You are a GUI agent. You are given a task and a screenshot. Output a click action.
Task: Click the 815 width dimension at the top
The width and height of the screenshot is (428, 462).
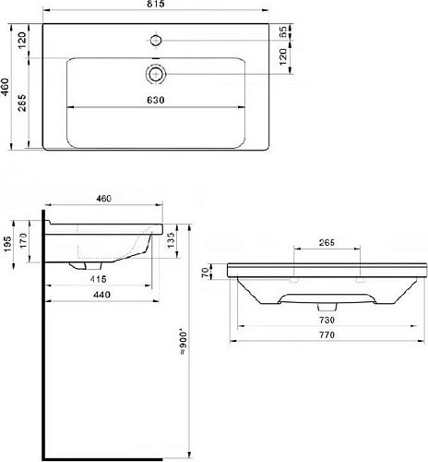156,4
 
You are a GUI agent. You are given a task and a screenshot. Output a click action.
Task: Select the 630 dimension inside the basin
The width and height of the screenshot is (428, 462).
156,100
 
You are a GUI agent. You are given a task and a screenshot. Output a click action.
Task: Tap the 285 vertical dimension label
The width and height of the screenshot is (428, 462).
22,103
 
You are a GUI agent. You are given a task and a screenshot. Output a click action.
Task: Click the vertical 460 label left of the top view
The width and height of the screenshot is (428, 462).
6,87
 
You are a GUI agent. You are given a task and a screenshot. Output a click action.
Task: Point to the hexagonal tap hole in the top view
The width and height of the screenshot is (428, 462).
156,41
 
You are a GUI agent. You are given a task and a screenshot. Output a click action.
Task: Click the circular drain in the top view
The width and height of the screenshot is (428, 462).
156,74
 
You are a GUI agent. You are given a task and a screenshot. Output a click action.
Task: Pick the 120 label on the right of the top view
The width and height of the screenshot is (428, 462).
283,56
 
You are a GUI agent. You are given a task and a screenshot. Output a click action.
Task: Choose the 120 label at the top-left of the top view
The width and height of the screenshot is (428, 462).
22,41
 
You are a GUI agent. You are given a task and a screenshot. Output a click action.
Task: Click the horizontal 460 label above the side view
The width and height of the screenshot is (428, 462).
103,199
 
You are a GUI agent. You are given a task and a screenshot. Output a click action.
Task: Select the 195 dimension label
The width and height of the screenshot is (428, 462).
7,244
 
